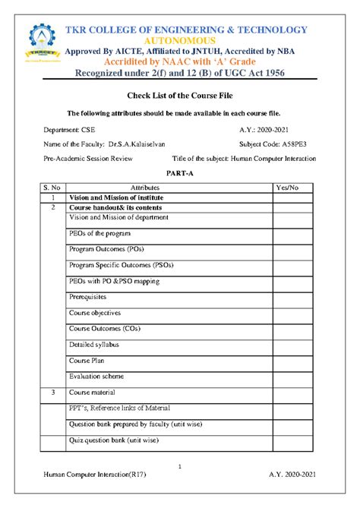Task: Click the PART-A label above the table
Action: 179,174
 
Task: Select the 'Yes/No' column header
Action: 289,187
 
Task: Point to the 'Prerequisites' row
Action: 88,297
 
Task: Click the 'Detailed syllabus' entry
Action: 95,345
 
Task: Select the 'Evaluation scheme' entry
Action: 96,376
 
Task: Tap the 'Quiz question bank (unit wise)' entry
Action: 114,440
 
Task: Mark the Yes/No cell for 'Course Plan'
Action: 295,361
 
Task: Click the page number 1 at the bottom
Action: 179,465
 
